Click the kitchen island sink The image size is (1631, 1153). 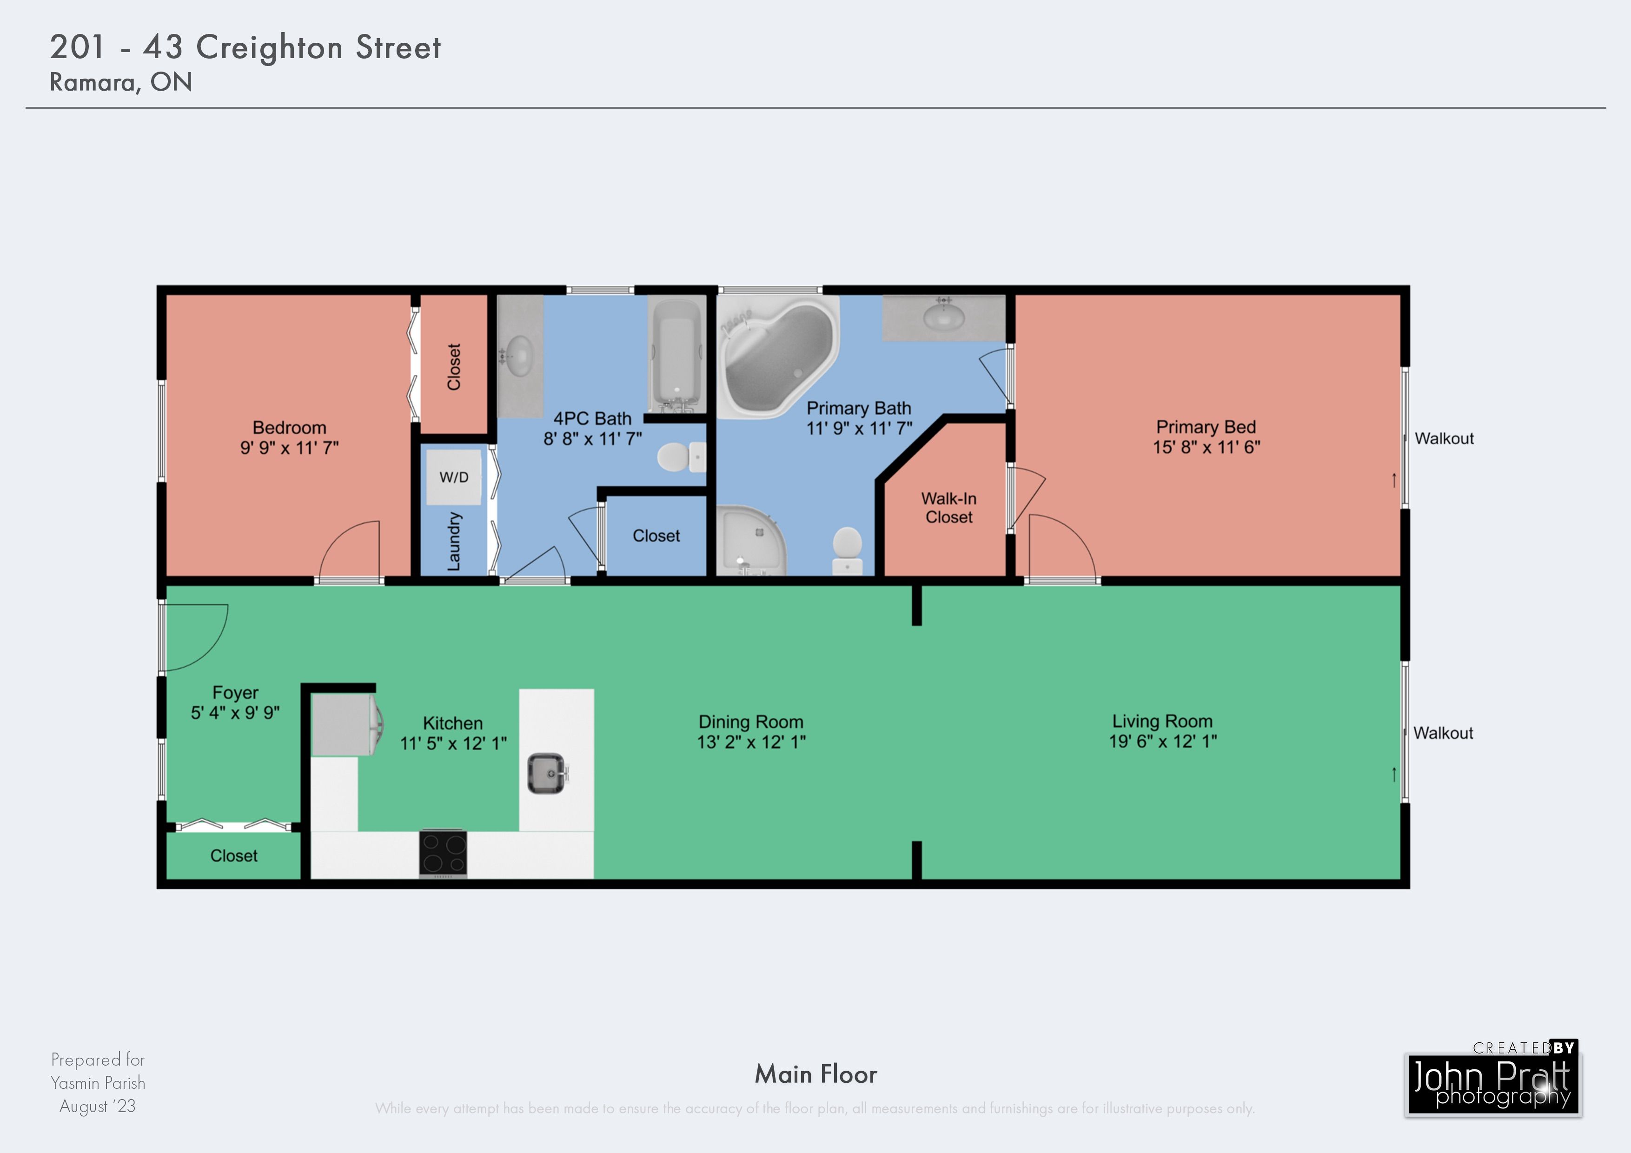547,773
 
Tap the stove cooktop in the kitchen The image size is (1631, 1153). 443,853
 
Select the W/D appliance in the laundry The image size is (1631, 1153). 454,477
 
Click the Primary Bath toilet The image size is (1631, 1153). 847,550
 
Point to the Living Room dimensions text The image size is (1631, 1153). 1163,742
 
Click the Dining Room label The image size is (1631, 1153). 751,722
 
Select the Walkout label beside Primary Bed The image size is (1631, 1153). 1444,438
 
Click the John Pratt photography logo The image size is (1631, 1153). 1492,1079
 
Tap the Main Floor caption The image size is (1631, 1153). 815,1074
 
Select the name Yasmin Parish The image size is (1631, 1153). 98,1083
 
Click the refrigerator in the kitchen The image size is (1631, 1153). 346,725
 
